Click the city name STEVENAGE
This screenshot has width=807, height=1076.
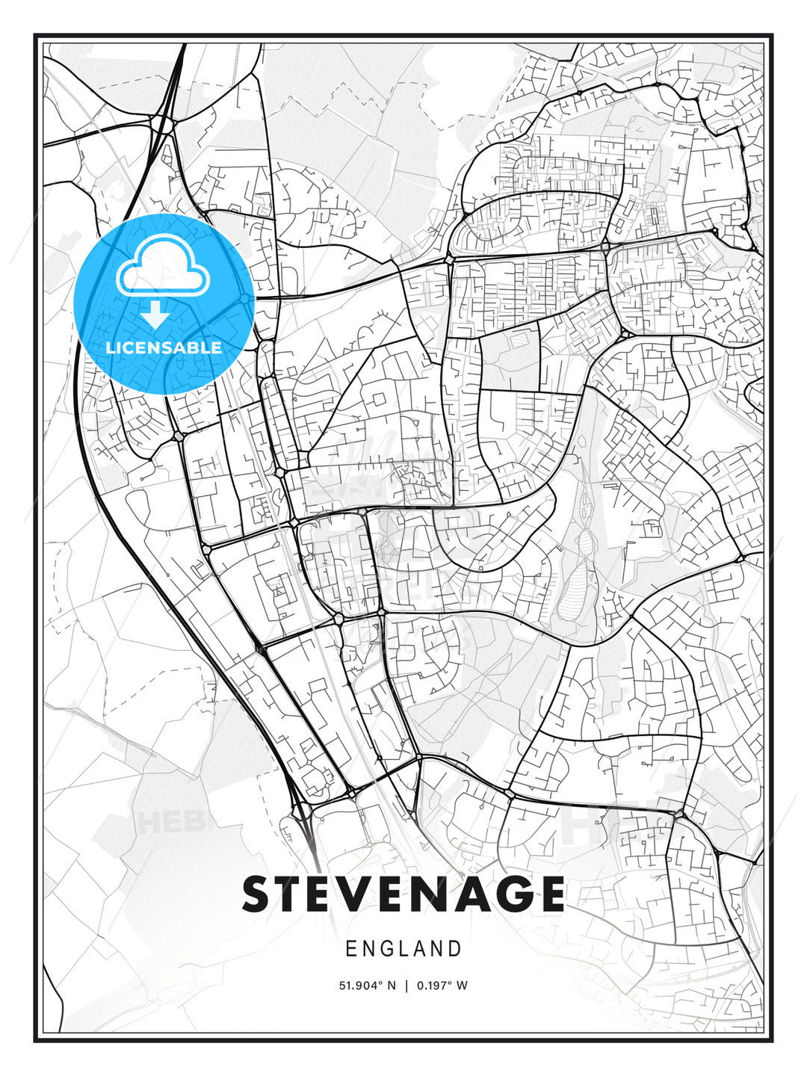(x=403, y=894)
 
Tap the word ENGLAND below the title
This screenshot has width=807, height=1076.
(x=403, y=949)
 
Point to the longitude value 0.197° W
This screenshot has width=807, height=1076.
(x=442, y=986)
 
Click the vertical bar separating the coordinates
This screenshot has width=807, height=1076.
(x=407, y=986)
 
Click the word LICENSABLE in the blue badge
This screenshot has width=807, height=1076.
(x=164, y=347)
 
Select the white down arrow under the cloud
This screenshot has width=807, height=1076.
(x=156, y=315)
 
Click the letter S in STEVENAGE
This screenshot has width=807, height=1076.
(x=258, y=894)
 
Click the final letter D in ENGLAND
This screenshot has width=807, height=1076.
(x=455, y=949)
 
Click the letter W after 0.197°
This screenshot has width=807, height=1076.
(x=462, y=986)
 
